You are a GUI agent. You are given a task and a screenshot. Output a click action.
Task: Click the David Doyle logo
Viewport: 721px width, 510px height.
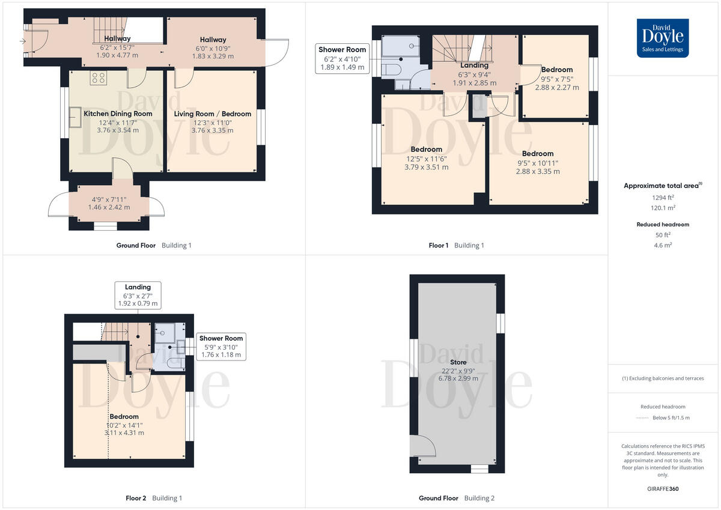click(x=663, y=37)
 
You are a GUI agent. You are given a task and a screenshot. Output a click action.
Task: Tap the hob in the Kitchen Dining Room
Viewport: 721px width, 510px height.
click(x=97, y=78)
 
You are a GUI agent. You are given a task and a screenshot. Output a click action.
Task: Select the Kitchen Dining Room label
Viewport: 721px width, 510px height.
click(x=118, y=114)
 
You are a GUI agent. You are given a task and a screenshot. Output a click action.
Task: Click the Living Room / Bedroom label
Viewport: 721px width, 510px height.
click(x=213, y=114)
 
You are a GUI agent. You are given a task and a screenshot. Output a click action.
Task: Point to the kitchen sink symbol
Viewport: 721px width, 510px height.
click(x=76, y=117)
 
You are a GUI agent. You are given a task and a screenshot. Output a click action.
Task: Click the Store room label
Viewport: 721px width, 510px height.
click(x=458, y=362)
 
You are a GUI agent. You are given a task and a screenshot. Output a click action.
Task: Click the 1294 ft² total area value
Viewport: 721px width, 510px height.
click(x=663, y=197)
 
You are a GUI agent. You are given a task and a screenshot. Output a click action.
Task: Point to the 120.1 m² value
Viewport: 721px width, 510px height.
click(x=663, y=207)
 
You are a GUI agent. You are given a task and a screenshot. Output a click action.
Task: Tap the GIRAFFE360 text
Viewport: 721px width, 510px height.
click(x=663, y=489)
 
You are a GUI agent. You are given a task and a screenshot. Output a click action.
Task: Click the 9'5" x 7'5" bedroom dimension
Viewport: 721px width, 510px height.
click(x=557, y=78)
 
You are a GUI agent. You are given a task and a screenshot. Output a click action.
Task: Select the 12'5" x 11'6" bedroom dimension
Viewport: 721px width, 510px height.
click(x=427, y=159)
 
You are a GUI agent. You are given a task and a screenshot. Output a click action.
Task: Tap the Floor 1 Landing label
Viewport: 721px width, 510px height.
click(x=474, y=65)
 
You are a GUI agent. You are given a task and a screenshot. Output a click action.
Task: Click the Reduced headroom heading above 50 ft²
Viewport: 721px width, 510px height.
click(x=663, y=225)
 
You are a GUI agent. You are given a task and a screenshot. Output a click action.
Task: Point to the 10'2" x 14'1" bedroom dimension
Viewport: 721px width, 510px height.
click(x=124, y=425)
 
